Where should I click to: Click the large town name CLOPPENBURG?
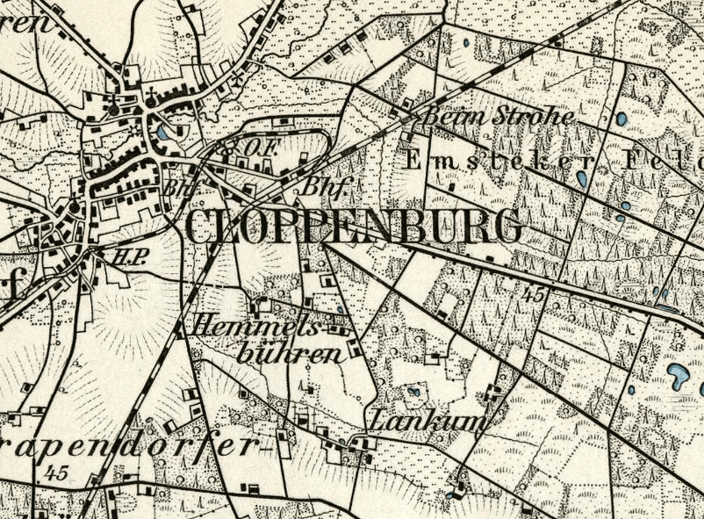(354, 227)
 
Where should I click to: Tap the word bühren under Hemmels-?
(289, 354)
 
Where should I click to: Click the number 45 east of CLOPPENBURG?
(531, 297)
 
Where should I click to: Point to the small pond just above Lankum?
(413, 390)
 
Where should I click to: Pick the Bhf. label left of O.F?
(176, 187)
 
